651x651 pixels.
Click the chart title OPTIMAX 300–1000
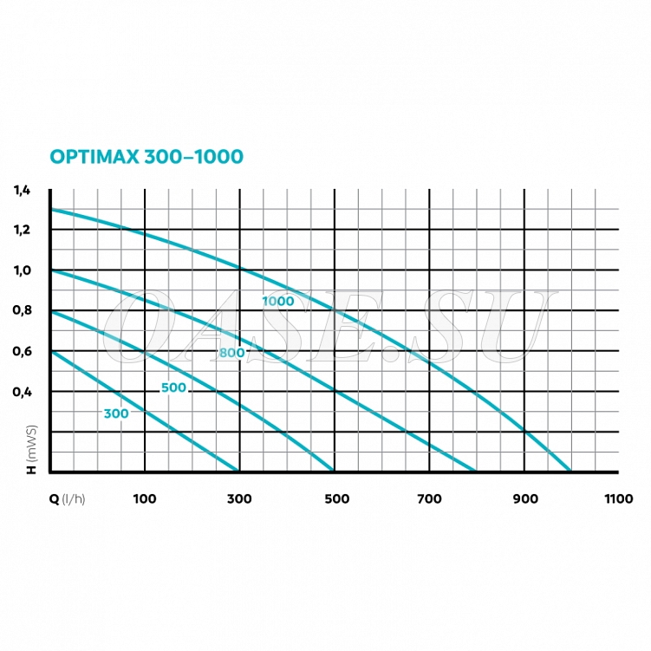(x=146, y=157)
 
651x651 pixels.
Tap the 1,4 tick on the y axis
(x=22, y=190)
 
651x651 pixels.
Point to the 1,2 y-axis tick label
(x=22, y=230)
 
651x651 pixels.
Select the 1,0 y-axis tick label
(x=22, y=270)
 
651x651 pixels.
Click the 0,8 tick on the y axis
(x=22, y=310)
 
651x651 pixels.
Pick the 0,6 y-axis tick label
(x=22, y=351)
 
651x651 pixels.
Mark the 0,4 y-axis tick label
(x=22, y=391)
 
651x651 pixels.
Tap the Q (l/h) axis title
(x=68, y=498)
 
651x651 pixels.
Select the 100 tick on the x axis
(x=145, y=498)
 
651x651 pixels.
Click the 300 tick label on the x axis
(x=238, y=498)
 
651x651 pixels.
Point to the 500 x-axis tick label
(x=335, y=498)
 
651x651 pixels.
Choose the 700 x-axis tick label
(x=429, y=498)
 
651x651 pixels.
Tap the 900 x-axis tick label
(x=524, y=498)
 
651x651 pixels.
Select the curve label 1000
(x=278, y=302)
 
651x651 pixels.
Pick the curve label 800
(x=231, y=353)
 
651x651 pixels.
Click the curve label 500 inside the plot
(x=173, y=387)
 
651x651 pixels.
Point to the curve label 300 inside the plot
(x=116, y=413)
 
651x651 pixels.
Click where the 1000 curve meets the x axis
(x=570, y=471)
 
